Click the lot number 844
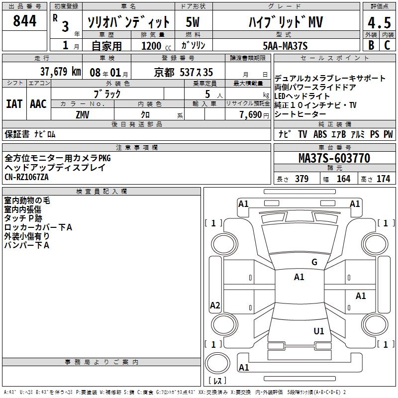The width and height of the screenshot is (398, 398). [x=25, y=21]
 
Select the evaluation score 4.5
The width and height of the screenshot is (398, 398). [x=379, y=23]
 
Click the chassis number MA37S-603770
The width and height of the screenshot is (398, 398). [x=334, y=158]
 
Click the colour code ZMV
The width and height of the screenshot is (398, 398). [x=82, y=114]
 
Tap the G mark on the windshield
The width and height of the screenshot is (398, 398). [x=314, y=262]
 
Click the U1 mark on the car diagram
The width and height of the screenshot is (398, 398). [x=319, y=331]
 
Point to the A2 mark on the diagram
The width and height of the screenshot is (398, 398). [x=215, y=305]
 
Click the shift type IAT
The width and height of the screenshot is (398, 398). [x=14, y=104]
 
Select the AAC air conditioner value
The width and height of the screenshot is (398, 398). [x=38, y=104]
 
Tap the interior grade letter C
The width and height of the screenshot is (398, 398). [x=387, y=45]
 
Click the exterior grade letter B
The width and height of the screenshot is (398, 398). [x=371, y=45]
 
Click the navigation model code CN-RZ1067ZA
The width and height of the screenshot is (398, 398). [x=28, y=177]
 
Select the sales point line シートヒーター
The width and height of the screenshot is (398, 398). [x=298, y=114]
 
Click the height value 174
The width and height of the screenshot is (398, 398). [x=383, y=179]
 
